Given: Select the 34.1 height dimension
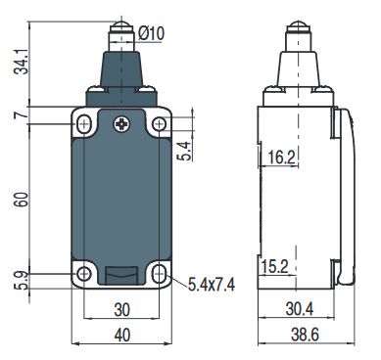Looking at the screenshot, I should (x=14, y=62).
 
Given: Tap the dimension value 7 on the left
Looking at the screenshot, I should (x=14, y=116).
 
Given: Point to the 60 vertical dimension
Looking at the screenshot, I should (x=14, y=199).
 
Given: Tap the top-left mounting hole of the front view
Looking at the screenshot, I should (x=83, y=124).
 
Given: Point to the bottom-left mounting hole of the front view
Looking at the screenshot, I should (x=83, y=274).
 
